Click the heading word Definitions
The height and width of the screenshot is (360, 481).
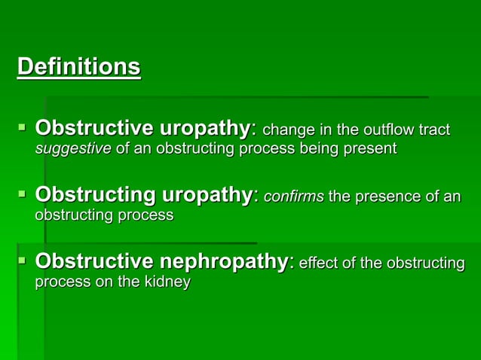coord(79,67)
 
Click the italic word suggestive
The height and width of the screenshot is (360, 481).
coord(73,148)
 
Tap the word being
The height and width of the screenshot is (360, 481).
coord(305,148)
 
